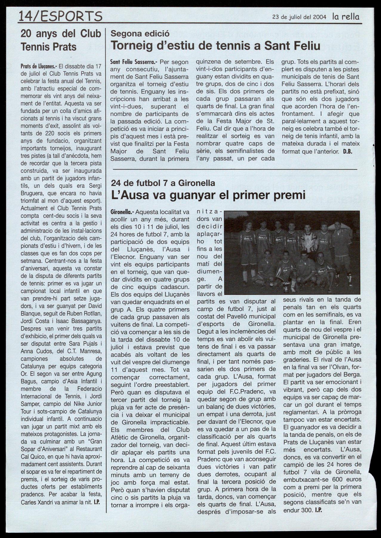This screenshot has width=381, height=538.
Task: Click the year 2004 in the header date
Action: (x=320, y=17)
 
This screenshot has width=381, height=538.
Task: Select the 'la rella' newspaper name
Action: (x=346, y=17)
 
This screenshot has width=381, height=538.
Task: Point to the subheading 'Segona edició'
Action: (x=140, y=33)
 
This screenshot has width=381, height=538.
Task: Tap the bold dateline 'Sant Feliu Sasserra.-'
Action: (x=134, y=62)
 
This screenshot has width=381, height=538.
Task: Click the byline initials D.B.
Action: (x=348, y=151)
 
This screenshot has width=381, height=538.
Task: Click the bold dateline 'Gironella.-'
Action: (x=122, y=212)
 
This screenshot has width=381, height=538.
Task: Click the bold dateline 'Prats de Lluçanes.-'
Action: (x=38, y=66)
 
